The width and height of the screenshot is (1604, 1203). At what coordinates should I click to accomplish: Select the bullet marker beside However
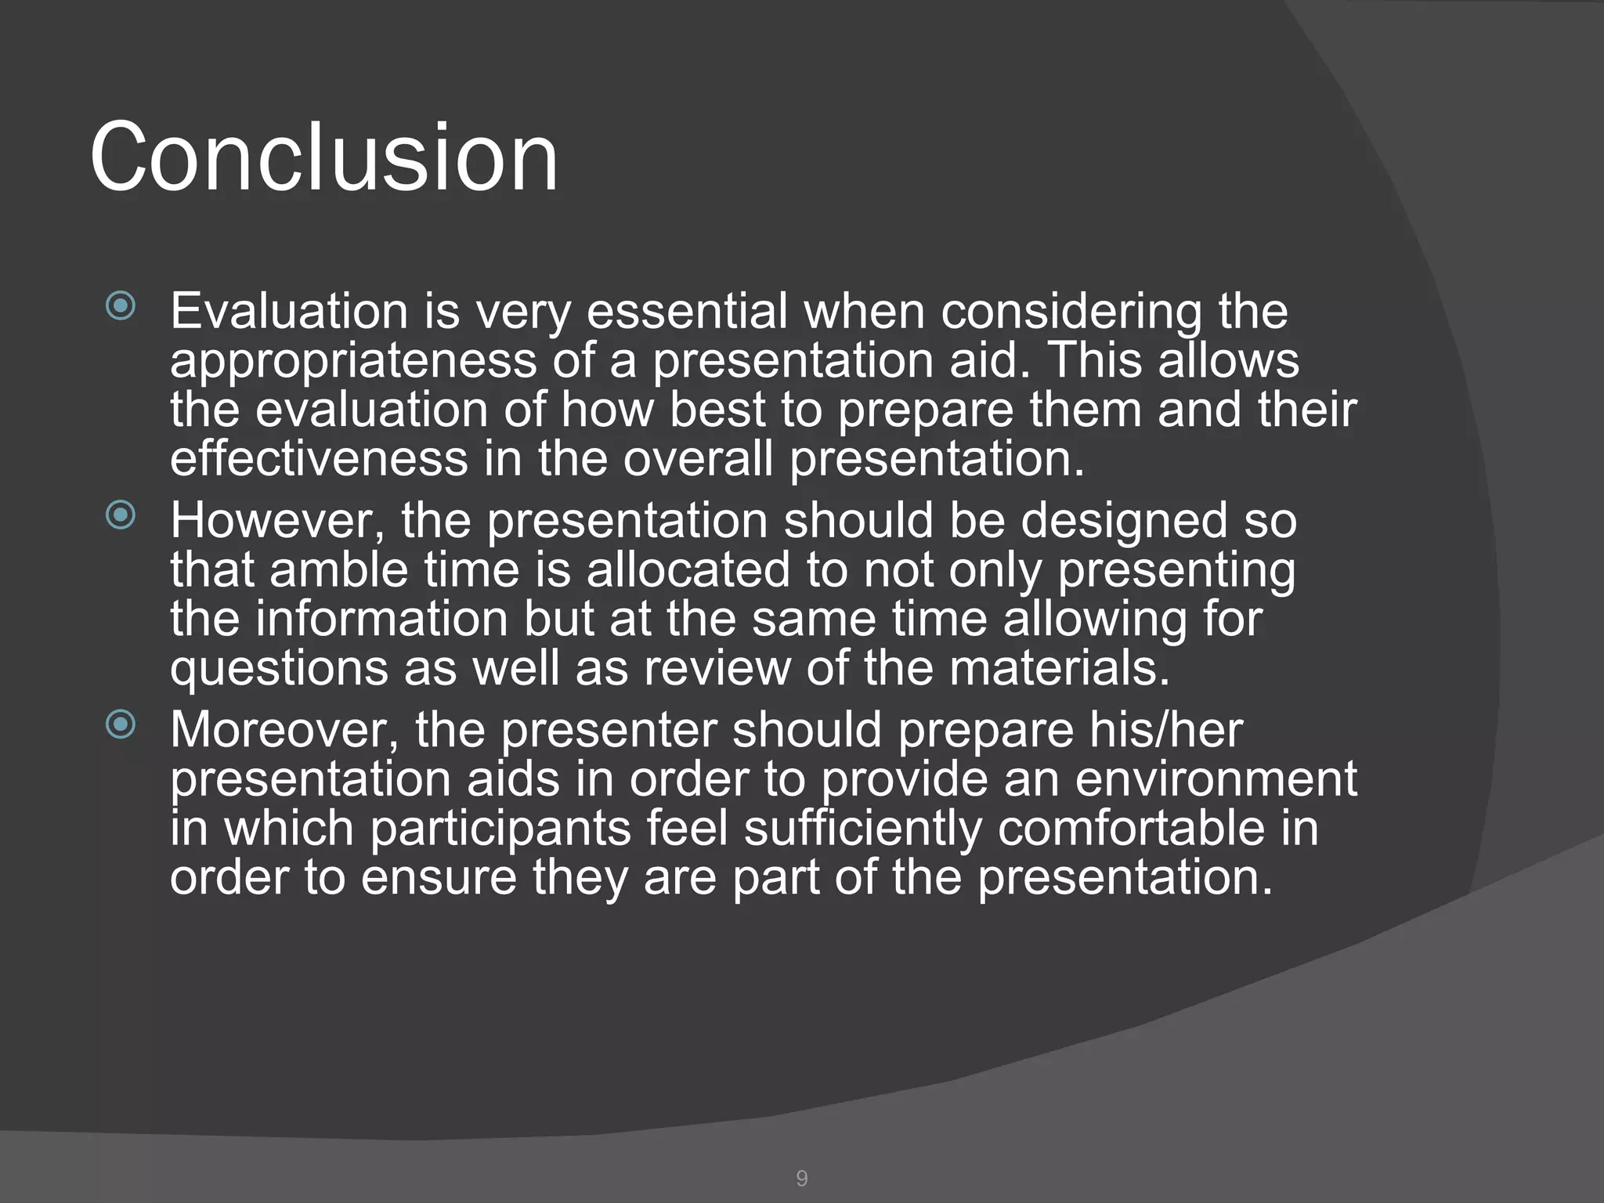coord(121,515)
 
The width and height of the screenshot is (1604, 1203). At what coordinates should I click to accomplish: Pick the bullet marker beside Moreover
coord(121,724)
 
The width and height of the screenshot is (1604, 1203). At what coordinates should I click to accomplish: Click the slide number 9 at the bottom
coord(801,1178)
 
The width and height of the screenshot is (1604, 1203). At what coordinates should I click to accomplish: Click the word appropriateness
coord(353,363)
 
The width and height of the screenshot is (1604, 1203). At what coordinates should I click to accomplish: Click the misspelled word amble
coord(338,569)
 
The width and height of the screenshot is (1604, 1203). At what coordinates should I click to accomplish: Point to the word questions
coord(279,670)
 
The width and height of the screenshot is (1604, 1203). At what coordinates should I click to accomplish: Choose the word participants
coord(500,829)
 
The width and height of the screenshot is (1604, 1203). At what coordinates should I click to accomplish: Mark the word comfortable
coord(1131,828)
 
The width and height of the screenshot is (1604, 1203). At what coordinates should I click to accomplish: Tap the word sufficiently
coord(862,829)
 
